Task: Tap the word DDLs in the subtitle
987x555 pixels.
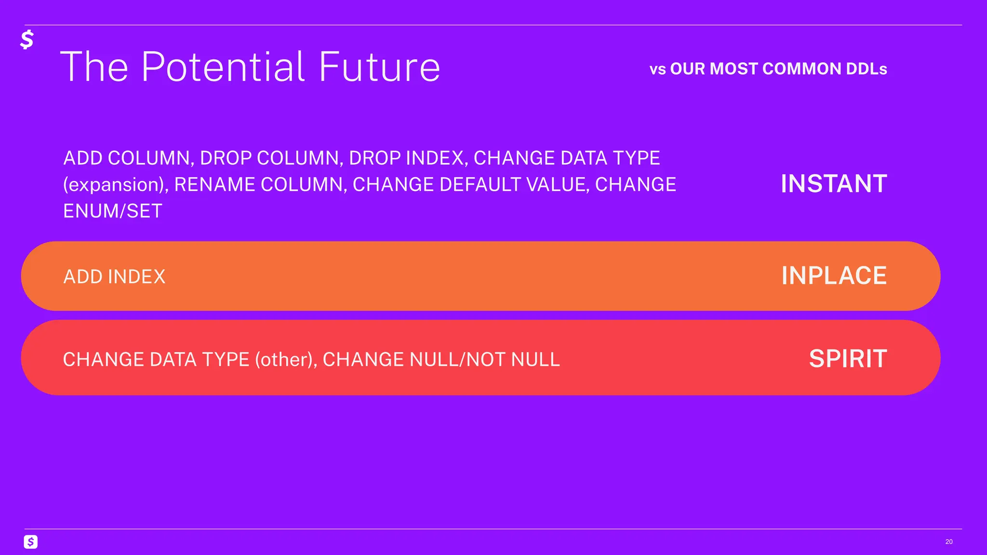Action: point(866,69)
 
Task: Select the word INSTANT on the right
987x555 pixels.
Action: point(834,184)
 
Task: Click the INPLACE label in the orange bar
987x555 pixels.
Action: point(834,276)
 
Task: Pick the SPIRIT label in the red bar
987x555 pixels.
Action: point(848,359)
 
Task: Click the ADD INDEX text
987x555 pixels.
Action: point(114,277)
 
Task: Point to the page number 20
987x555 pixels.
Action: point(948,542)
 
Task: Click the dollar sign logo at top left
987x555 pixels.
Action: point(27,40)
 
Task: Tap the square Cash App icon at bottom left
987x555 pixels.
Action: point(31,542)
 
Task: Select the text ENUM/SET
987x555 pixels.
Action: point(113,211)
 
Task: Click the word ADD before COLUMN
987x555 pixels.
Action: point(83,159)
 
